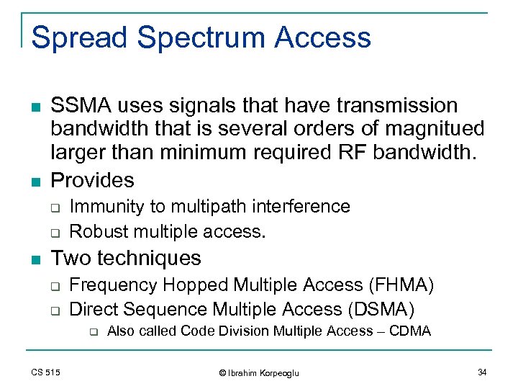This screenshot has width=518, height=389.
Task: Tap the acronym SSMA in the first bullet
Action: [81, 106]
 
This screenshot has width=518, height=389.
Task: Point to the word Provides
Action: [92, 180]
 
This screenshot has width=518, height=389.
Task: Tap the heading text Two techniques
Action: [126, 258]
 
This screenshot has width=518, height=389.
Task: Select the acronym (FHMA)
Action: [400, 285]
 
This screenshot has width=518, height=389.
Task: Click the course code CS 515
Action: [46, 372]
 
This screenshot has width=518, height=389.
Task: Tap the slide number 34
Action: [482, 372]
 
